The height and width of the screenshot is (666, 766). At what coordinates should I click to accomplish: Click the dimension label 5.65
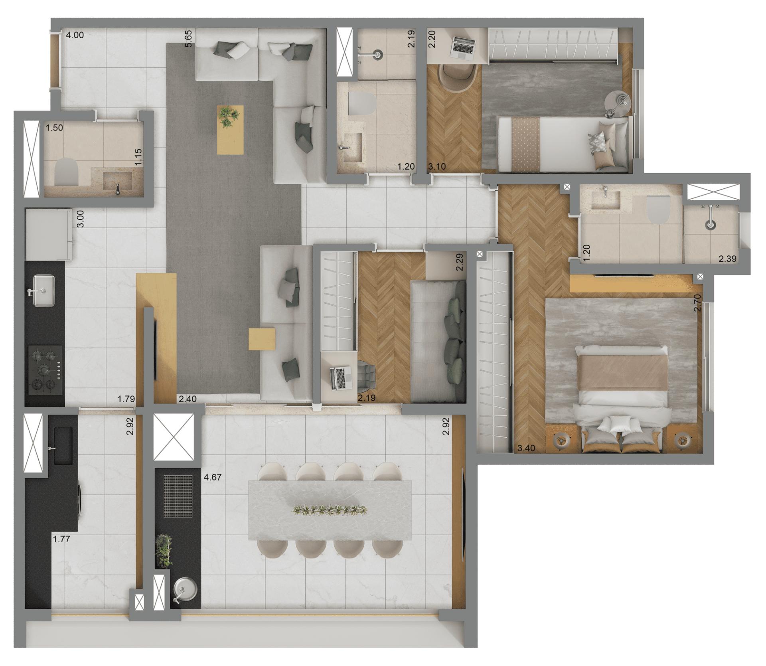189,39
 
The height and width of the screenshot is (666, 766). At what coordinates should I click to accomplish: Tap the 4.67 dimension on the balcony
213,477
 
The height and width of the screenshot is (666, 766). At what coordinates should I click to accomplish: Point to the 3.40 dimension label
526,448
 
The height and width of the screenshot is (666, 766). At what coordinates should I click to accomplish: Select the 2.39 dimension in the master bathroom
727,259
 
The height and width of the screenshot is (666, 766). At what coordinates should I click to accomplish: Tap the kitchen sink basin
44,291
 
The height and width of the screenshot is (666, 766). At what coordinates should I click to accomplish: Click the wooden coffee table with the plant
230,129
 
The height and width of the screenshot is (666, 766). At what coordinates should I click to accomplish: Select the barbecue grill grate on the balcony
178,496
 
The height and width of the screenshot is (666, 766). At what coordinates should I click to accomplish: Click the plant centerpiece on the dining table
330,509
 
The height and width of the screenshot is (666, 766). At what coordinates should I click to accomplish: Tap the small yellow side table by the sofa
262,339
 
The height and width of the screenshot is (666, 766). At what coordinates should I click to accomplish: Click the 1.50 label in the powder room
54,128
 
